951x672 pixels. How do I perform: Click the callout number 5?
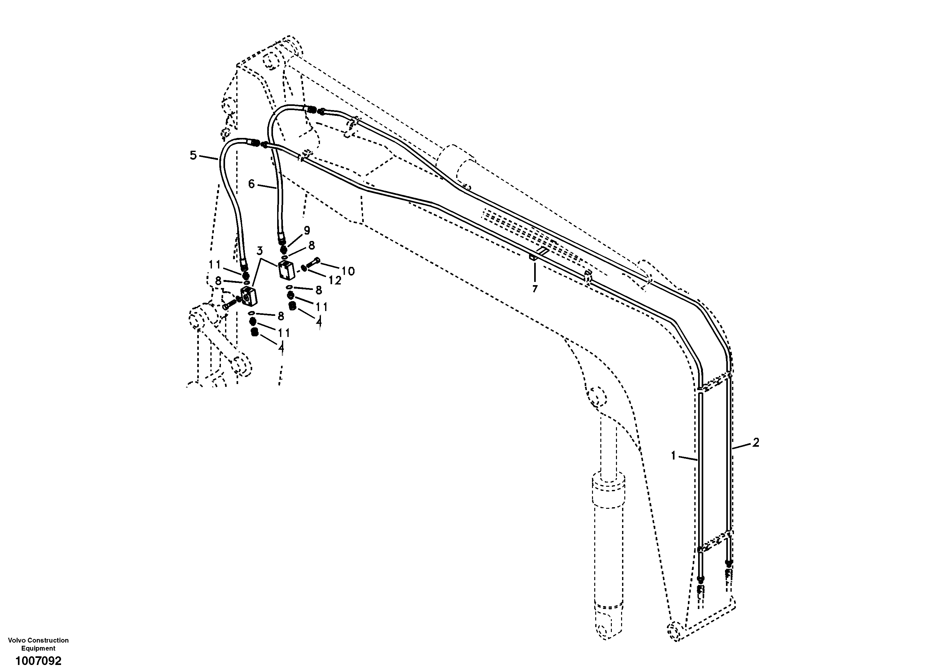pos(193,156)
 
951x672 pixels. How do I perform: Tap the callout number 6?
pos(252,184)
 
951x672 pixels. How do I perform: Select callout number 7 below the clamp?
pos(535,289)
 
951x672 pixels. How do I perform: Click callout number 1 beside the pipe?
pos(674,456)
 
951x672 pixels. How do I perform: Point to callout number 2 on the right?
pos(755,443)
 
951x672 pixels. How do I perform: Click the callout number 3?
pos(260,250)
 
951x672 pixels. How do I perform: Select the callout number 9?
pos(307,230)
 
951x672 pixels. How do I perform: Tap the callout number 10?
pos(348,271)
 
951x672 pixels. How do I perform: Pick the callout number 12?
pos(335,281)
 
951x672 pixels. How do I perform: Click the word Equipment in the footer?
pos(38,648)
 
